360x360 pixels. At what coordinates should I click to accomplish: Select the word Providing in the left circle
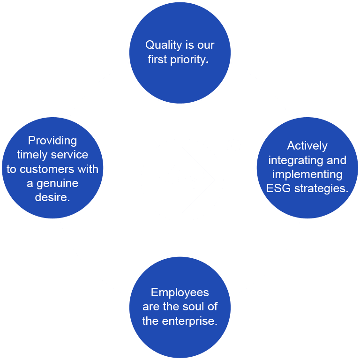pos(52,141)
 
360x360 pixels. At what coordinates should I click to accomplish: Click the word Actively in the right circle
pos(307,146)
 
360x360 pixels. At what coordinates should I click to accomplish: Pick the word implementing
pos(307,174)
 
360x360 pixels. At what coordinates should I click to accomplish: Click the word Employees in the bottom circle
pos(180,292)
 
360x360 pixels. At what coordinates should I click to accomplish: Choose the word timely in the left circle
pos(32,155)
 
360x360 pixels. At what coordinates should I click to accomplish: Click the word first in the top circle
pos(157,60)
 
